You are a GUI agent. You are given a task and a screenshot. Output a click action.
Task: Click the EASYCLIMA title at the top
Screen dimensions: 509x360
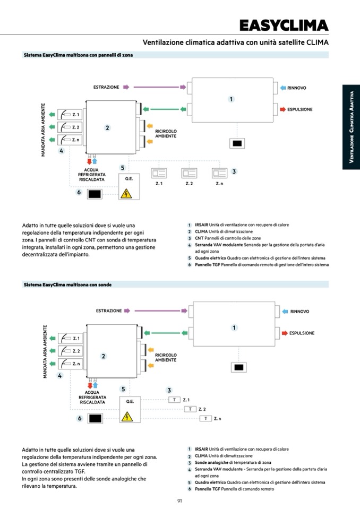283,25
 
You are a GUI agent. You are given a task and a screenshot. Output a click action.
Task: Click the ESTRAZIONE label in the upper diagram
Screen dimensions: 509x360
106,87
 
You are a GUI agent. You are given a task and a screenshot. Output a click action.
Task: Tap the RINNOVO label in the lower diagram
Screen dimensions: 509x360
299,312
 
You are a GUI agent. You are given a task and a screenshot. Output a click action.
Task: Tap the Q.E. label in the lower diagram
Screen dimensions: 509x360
130,401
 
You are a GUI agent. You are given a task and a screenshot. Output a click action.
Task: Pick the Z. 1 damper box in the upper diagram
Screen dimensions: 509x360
68,115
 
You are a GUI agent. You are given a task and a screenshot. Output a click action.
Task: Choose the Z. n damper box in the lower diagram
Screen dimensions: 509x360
69,364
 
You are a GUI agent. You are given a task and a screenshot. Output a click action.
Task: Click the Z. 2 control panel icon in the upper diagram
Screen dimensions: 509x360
189,173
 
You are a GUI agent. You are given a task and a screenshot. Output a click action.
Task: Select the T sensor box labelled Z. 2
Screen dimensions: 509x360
191,409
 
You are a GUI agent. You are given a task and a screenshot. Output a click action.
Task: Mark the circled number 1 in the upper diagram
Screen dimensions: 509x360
231,99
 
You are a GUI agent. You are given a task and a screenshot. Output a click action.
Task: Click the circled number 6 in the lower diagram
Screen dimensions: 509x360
79,418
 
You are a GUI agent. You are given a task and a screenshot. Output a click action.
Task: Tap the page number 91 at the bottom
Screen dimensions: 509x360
180,500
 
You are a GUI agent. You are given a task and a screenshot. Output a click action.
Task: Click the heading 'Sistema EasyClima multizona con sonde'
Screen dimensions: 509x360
67,284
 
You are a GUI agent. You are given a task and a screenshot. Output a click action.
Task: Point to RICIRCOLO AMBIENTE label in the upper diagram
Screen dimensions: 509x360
166,134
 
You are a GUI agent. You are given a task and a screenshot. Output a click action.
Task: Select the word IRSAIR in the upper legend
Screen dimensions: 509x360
201,225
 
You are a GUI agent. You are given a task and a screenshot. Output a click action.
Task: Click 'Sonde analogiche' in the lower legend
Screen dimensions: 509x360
208,462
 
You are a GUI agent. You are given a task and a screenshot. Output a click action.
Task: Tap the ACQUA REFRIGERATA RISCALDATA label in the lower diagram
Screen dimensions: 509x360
92,398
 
